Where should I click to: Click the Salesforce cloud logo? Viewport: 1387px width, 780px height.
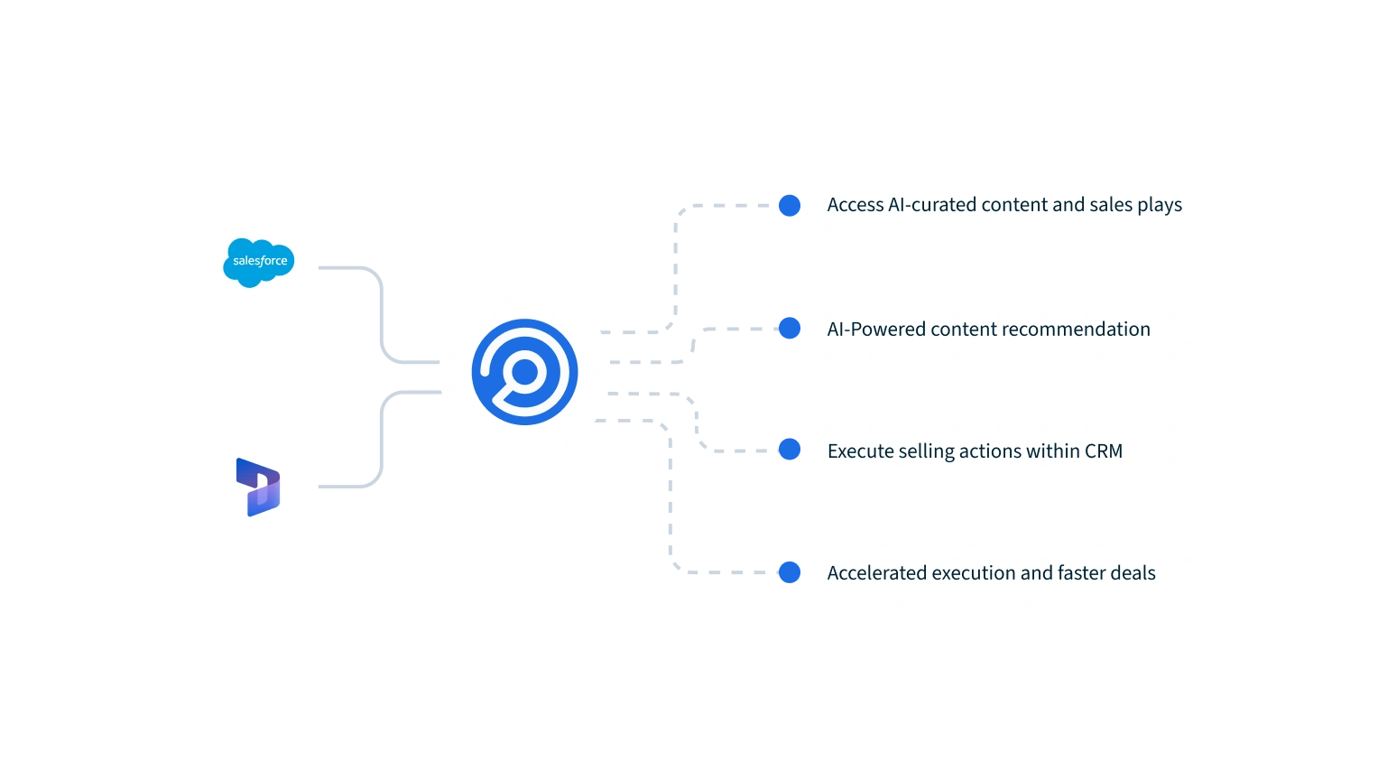[260, 263]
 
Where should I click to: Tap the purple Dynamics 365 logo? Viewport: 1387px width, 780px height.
[258, 487]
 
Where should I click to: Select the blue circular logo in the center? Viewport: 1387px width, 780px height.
[524, 372]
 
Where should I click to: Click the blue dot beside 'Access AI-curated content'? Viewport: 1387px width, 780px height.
[790, 205]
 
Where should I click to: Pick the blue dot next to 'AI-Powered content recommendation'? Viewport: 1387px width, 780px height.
[790, 328]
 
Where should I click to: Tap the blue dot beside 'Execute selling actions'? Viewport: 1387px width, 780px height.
[790, 449]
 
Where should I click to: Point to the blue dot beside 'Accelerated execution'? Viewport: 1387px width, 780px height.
[790, 572]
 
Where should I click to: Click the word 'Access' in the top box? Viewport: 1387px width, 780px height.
[855, 205]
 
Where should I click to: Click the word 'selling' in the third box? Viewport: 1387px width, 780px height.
[929, 450]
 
